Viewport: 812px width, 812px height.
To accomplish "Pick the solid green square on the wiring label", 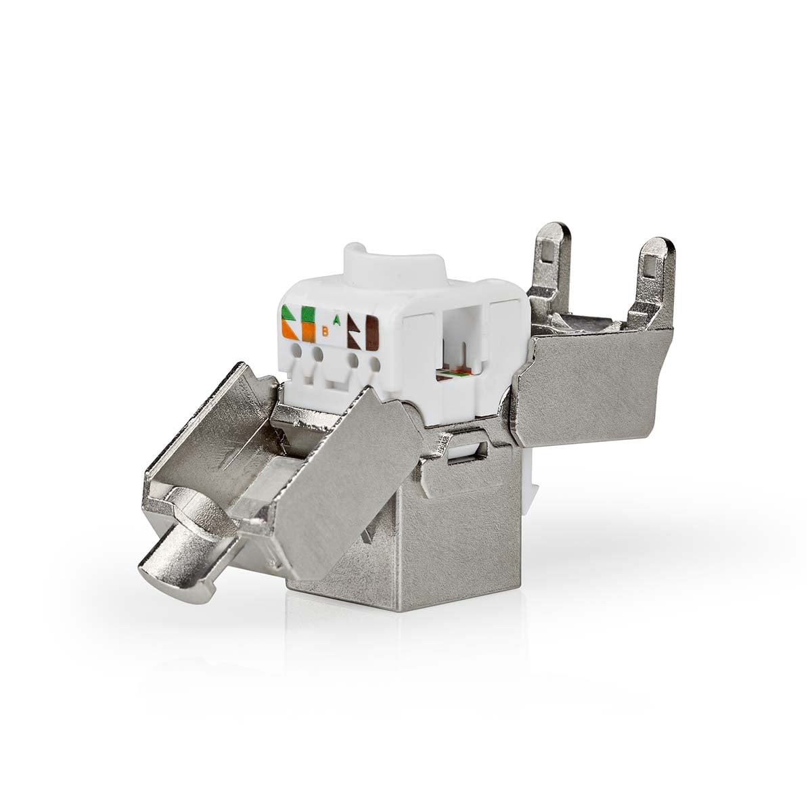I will click(x=309, y=315).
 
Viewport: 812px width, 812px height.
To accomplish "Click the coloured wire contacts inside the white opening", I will click(x=455, y=371).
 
